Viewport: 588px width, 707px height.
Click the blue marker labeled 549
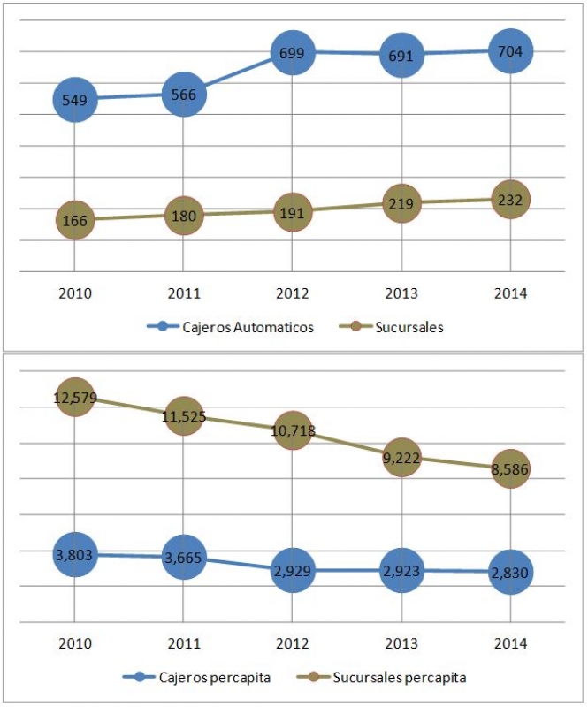pos(74,100)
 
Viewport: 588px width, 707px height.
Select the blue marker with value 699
pos(293,53)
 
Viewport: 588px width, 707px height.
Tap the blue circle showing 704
pos(510,51)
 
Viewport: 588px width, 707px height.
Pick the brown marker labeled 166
pos(74,219)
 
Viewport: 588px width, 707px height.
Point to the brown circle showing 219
pos(401,202)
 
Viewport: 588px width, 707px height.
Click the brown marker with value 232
pos(510,200)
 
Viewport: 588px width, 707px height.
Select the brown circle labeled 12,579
pos(74,398)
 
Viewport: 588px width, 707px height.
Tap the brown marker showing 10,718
pos(293,431)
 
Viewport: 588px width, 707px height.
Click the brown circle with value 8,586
pos(510,469)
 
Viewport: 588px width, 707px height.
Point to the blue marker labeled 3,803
pos(74,555)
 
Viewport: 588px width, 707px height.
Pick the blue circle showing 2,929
pos(293,571)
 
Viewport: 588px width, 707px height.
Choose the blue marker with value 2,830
pos(510,572)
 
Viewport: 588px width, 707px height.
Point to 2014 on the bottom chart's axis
pos(510,643)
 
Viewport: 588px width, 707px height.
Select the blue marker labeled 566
pos(184,95)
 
